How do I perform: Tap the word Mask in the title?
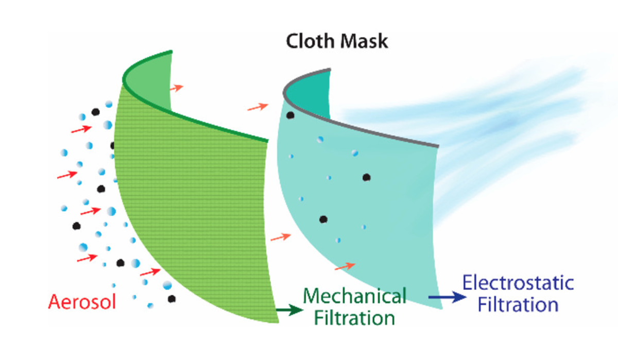[364, 41]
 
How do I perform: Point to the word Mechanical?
[355, 297]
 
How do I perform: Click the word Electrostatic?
[518, 283]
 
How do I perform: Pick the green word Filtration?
[355, 317]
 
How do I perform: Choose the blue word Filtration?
[518, 304]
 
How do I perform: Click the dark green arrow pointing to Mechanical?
[288, 310]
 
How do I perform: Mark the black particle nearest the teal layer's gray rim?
[290, 115]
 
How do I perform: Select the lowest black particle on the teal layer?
[323, 219]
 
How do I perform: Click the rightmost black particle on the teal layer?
[366, 178]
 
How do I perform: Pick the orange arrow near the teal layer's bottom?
[345, 266]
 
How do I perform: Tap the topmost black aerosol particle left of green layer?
[95, 112]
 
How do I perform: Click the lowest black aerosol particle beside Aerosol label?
[171, 298]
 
